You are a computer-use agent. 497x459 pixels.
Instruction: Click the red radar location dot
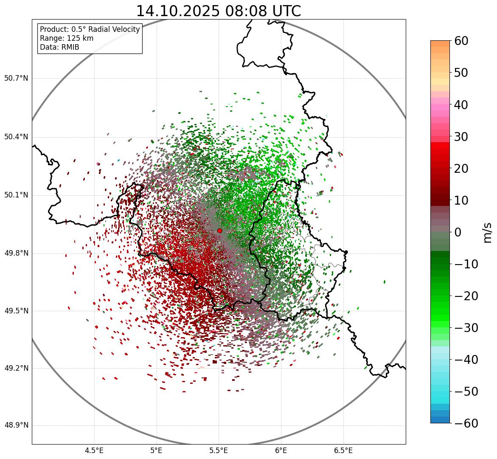point(219,231)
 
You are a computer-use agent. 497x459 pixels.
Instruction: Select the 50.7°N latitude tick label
point(16,79)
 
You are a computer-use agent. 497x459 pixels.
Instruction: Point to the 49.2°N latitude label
point(16,368)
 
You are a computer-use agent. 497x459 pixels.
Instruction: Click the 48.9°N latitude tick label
point(16,425)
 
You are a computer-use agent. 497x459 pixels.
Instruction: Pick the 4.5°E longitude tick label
point(94,451)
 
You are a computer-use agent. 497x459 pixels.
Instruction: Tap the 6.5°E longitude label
point(343,451)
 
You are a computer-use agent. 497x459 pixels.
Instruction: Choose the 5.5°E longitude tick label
point(219,451)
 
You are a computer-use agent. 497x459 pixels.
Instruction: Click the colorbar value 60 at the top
point(461,41)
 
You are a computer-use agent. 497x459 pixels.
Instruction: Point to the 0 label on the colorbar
point(458,232)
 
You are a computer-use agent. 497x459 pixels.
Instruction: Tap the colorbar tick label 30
point(461,137)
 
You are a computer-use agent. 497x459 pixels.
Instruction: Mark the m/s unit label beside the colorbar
point(488,232)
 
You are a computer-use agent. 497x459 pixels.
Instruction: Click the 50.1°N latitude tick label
point(16,195)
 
